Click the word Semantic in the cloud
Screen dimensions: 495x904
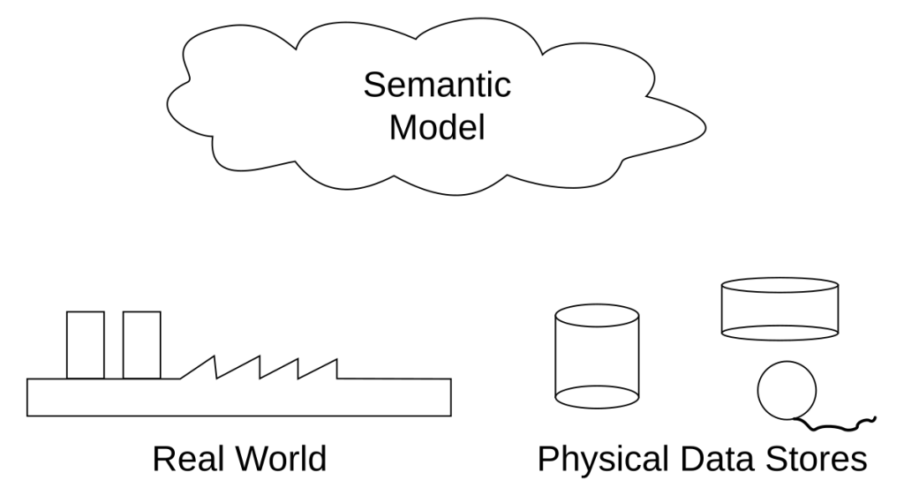tap(437, 86)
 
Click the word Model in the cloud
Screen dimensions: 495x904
tap(437, 128)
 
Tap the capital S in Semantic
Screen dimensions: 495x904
tap(374, 86)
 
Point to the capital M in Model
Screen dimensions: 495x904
tap(403, 128)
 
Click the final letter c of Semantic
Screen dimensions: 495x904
tap(503, 87)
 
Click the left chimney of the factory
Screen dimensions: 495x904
tap(86, 344)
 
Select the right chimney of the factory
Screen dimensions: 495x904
tap(141, 344)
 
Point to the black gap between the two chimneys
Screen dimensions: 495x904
tap(114, 344)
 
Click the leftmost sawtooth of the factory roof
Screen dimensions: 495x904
tap(202, 371)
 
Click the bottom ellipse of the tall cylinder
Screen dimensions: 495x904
tap(597, 397)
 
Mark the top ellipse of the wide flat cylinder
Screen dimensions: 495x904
tap(780, 287)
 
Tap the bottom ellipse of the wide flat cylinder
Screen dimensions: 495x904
tap(780, 332)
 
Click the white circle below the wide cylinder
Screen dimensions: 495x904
tap(787, 391)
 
